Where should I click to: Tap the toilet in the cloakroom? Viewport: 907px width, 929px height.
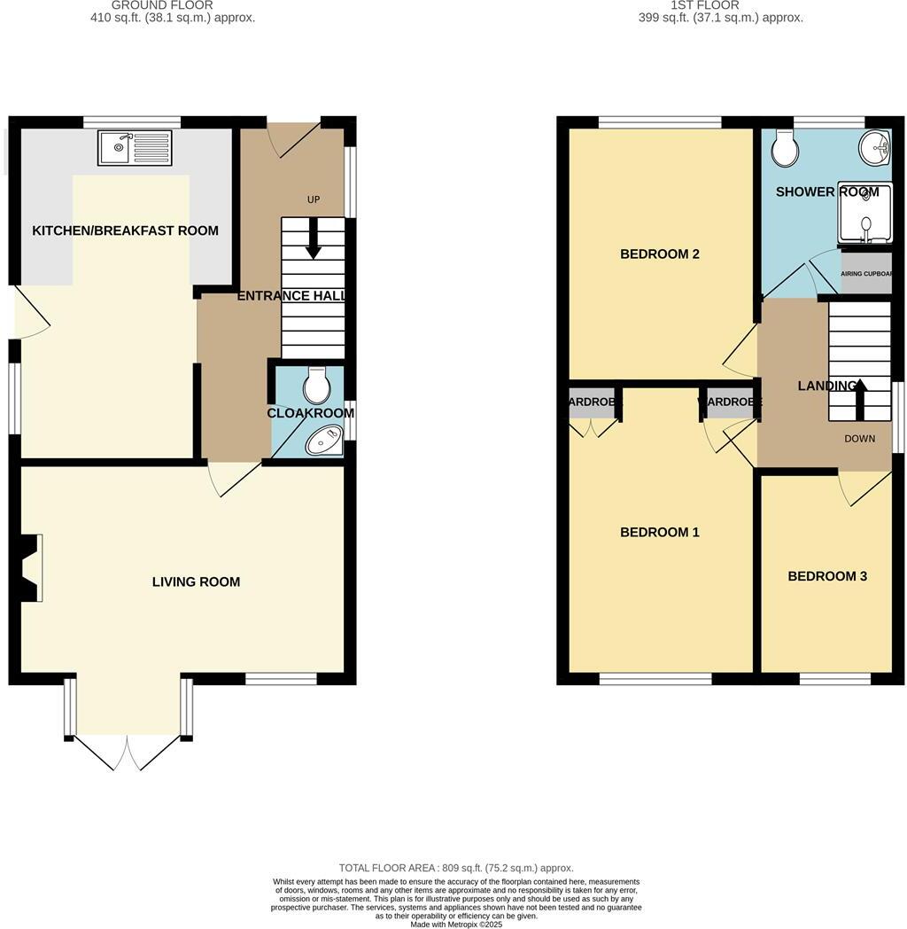(x=316, y=386)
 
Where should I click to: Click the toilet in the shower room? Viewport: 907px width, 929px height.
(x=784, y=149)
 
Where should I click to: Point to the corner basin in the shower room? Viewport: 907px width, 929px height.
(x=876, y=147)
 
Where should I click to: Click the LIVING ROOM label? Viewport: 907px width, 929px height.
(x=196, y=582)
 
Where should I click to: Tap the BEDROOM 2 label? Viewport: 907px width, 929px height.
(x=660, y=254)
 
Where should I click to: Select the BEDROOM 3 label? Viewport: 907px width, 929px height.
(x=827, y=576)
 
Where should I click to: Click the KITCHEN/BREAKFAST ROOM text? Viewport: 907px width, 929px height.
(x=125, y=230)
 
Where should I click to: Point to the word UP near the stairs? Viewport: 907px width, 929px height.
(x=314, y=200)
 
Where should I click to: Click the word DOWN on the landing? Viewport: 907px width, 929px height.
(x=859, y=439)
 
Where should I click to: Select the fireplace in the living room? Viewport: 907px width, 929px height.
(x=28, y=567)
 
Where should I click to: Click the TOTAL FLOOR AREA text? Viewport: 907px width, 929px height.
(x=456, y=868)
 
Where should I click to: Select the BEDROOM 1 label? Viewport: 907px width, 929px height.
(x=660, y=533)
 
